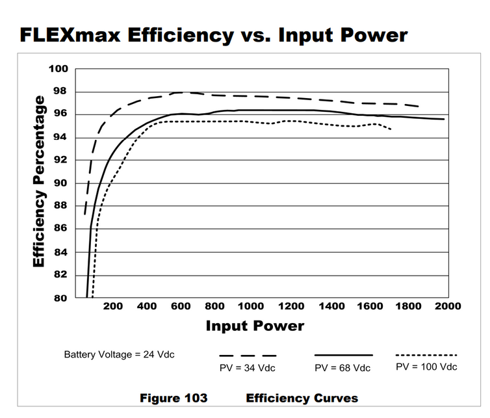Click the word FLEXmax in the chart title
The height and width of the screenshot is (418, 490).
point(70,34)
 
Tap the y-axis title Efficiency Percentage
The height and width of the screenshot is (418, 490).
point(39,181)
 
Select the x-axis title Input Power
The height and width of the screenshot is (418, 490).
point(255,326)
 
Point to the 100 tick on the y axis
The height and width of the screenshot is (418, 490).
point(58,69)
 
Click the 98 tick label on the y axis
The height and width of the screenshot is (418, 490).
point(60,91)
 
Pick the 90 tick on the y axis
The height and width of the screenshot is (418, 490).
point(60,183)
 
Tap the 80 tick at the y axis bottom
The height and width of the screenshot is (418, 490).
point(60,298)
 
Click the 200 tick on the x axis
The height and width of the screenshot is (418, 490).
point(113,306)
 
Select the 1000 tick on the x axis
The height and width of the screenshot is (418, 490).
point(251,306)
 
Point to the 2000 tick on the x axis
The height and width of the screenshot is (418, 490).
point(448,306)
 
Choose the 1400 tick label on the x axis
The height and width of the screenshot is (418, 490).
point(331,306)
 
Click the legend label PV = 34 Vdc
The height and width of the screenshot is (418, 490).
point(247,368)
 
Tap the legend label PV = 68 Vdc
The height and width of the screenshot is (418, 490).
point(342,368)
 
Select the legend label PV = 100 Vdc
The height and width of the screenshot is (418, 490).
point(426,367)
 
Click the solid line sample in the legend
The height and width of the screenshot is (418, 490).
point(343,355)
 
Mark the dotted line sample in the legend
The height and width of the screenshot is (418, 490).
point(426,355)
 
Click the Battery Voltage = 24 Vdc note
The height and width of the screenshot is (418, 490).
point(119,354)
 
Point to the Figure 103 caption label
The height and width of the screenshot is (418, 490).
point(174,398)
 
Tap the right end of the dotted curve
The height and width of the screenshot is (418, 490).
point(391,129)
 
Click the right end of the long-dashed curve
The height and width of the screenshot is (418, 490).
point(418,107)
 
